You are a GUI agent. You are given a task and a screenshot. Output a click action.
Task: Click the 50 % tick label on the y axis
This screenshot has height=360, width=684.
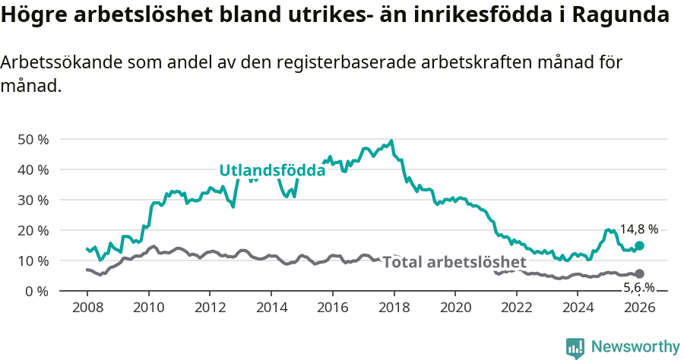point(33,140)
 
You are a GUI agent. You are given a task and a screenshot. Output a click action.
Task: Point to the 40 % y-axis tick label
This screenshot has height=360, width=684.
point(33,170)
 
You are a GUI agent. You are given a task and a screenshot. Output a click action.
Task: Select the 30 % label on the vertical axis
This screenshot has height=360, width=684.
point(33,201)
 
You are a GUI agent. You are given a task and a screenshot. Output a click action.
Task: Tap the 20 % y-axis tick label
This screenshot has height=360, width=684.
point(33,231)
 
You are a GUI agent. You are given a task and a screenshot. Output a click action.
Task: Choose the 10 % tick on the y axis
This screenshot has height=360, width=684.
point(33,261)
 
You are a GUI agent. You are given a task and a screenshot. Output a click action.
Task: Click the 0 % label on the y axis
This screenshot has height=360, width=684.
point(36,292)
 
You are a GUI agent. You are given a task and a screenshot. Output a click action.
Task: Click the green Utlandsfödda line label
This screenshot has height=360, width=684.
point(272,171)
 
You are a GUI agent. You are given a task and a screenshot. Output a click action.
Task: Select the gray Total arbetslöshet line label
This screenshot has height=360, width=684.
point(454,263)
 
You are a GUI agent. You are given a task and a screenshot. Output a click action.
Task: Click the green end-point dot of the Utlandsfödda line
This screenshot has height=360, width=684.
point(640,245)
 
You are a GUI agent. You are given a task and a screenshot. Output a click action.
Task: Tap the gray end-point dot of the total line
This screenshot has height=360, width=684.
point(640,273)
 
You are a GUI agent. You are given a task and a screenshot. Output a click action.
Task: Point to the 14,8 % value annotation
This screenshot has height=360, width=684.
point(639,229)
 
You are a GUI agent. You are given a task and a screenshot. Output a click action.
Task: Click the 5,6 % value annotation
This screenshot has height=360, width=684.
point(639,287)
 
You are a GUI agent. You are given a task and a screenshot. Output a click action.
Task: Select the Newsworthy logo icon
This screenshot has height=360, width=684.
point(575,348)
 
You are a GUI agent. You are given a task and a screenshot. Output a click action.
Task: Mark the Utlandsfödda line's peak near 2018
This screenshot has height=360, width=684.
point(391,141)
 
